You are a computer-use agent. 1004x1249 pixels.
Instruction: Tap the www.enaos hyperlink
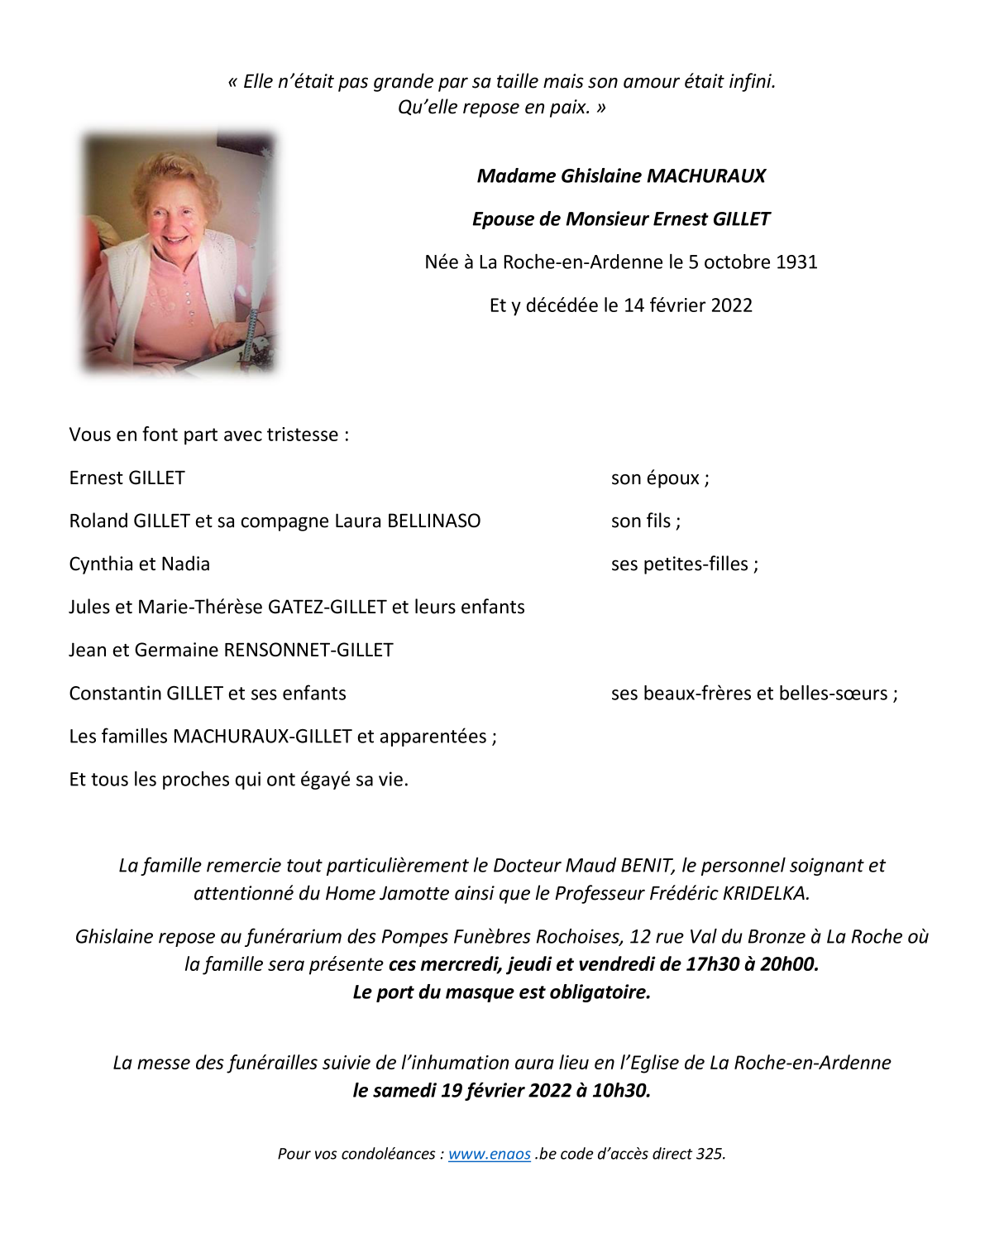(x=490, y=1154)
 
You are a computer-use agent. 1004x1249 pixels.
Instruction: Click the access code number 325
(x=710, y=1154)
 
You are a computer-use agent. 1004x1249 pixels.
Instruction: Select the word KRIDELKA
(x=765, y=894)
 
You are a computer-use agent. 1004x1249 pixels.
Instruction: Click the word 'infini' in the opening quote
(x=751, y=82)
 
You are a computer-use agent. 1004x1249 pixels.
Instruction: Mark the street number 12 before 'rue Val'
(x=640, y=937)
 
